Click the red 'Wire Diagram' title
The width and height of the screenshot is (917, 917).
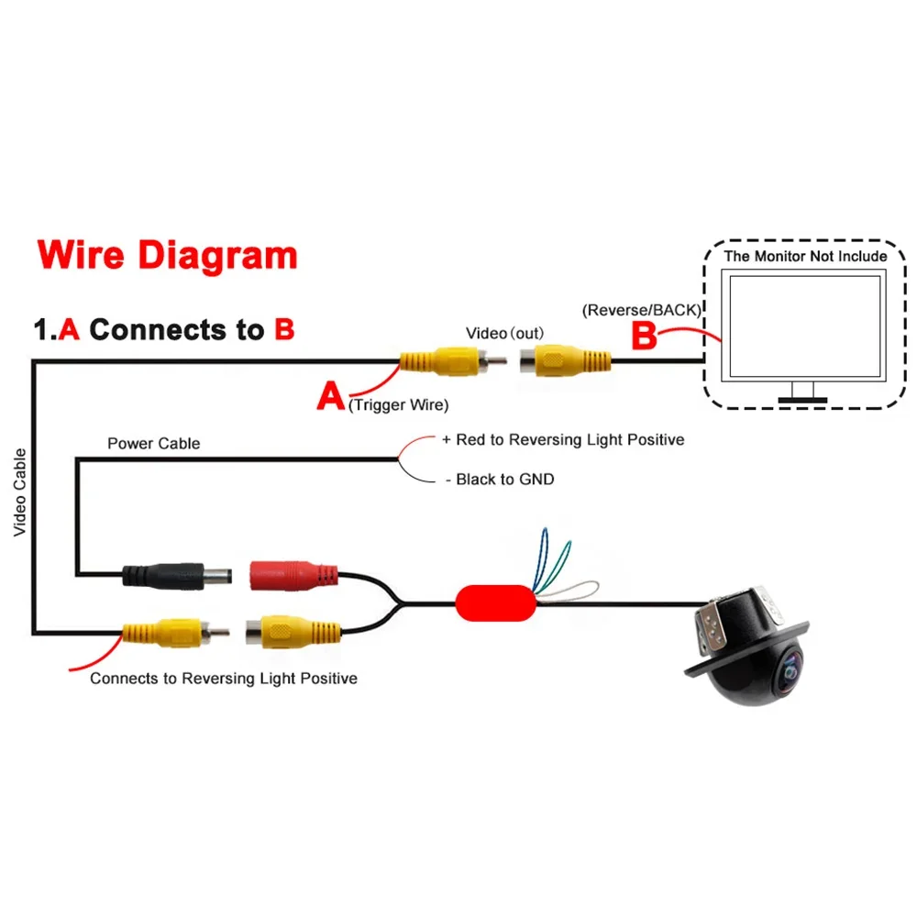coord(167,256)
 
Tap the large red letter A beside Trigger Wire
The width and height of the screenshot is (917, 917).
coord(330,396)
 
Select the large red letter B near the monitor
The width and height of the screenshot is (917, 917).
coord(644,336)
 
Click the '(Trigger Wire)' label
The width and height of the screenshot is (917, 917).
coord(398,404)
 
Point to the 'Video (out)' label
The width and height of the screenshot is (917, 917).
coord(504,334)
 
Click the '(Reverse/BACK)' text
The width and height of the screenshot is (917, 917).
coord(642,310)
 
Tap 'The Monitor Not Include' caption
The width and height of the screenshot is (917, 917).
coord(805,256)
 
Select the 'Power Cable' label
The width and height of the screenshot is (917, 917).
coord(154,443)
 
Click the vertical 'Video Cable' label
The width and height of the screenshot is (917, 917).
coord(20,492)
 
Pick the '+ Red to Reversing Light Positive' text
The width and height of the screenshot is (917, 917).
coord(563,440)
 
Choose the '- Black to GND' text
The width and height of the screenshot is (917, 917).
coord(500,480)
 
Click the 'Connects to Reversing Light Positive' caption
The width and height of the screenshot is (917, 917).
coord(224,679)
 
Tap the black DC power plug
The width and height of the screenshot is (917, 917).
coord(177,576)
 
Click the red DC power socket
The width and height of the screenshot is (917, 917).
coord(293,576)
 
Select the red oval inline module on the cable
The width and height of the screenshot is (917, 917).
coord(495,603)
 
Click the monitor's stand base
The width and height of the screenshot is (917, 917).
coord(802,400)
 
